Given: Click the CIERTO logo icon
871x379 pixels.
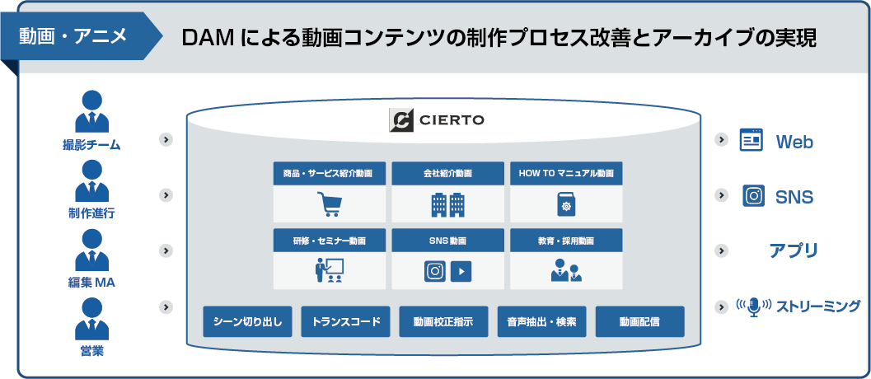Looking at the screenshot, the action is [x=401, y=120].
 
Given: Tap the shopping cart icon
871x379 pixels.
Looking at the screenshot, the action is [x=330, y=204].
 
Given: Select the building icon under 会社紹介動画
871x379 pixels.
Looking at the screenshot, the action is [x=447, y=204].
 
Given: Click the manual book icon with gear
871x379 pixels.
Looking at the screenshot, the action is [x=566, y=204].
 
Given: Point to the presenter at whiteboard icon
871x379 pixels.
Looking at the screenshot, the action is [x=330, y=270].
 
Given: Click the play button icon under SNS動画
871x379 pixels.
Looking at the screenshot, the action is [x=461, y=271].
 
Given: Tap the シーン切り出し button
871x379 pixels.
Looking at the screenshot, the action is [x=247, y=322].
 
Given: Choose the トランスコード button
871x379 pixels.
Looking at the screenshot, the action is [x=345, y=322].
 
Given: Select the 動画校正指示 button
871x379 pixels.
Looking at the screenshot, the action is [x=443, y=322].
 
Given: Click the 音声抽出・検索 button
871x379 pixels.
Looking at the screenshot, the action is [x=541, y=322].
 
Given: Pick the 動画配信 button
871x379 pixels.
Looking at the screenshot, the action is [x=640, y=322].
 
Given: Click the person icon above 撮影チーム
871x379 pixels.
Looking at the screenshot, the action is [x=91, y=111].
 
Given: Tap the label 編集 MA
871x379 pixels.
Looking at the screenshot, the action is [x=91, y=283].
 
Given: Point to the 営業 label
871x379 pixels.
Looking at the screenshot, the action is [x=91, y=351].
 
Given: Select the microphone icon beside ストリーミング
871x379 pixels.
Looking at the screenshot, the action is [x=753, y=306].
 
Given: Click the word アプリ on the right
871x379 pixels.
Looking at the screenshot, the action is [x=794, y=250].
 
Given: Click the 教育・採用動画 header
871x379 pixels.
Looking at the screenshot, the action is [x=566, y=241].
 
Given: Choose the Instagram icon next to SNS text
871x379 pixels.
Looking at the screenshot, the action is [x=753, y=195].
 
